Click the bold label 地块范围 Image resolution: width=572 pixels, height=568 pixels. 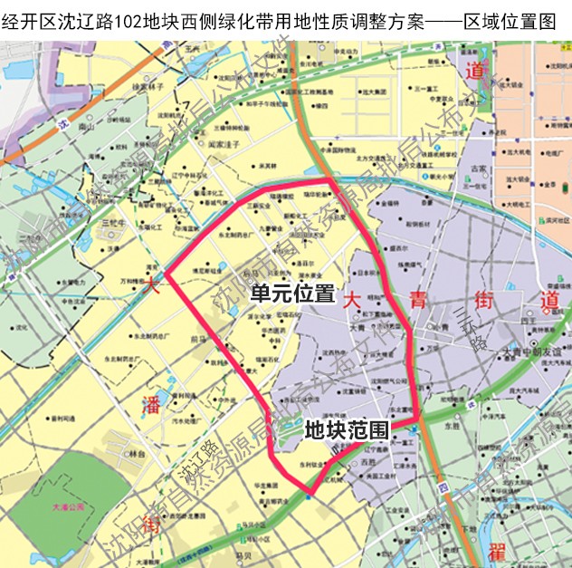[347, 430]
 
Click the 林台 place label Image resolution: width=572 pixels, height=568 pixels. [137, 453]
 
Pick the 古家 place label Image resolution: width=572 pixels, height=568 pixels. [479, 168]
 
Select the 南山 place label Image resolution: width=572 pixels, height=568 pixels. [87, 130]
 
